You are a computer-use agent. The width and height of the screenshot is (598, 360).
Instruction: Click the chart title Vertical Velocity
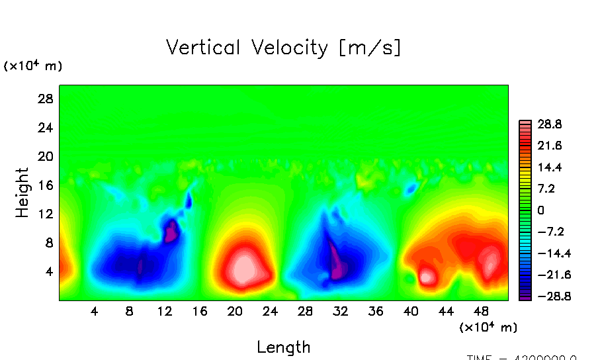click(283, 48)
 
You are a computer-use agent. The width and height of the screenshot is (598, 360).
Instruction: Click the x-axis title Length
click(283, 347)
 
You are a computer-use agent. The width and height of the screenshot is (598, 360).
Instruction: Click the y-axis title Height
click(22, 193)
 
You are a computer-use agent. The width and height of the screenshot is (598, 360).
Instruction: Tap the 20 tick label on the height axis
click(45, 156)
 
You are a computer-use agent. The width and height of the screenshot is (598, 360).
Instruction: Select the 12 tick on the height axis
click(45, 214)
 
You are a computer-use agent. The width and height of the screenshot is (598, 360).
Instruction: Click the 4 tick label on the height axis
click(49, 271)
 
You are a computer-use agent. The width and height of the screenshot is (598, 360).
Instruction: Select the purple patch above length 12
click(172, 230)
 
